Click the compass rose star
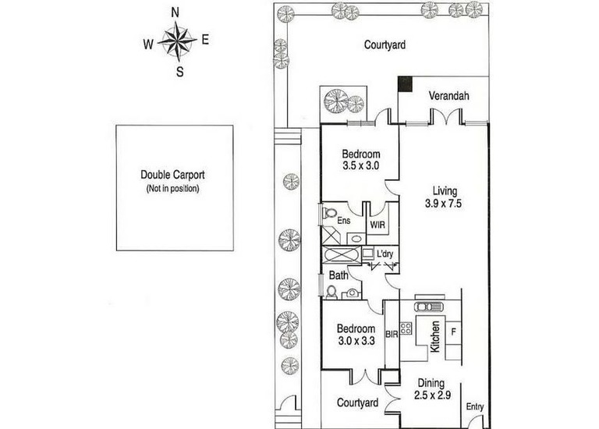coord(177,40)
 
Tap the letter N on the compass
coord(175,13)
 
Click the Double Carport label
coord(172,175)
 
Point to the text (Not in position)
coord(172,188)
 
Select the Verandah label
coord(448,95)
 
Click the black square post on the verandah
coord(405,83)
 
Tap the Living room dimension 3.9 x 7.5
coord(443,204)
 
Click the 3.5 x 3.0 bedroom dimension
coord(360,166)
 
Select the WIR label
coord(377,225)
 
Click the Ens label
coord(344,221)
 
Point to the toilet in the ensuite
coord(328,212)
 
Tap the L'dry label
coord(385,253)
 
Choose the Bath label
coord(338,275)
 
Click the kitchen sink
coord(428,307)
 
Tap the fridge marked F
coord(453,332)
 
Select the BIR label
coord(392,335)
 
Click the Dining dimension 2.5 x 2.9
coord(432,395)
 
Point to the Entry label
coord(475,407)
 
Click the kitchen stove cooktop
coord(406,328)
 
